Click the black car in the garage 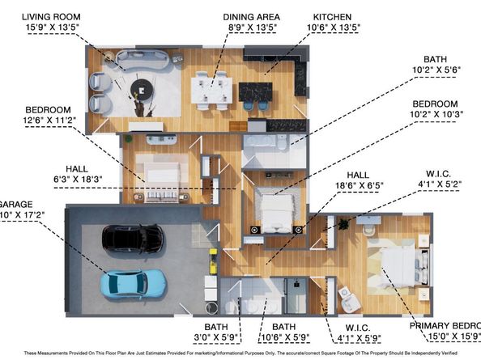[x=132, y=238]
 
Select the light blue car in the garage [x=134, y=283]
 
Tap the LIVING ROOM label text [x=50, y=16]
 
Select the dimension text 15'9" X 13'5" [x=50, y=28]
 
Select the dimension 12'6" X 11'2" [x=50, y=120]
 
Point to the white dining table [x=209, y=89]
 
